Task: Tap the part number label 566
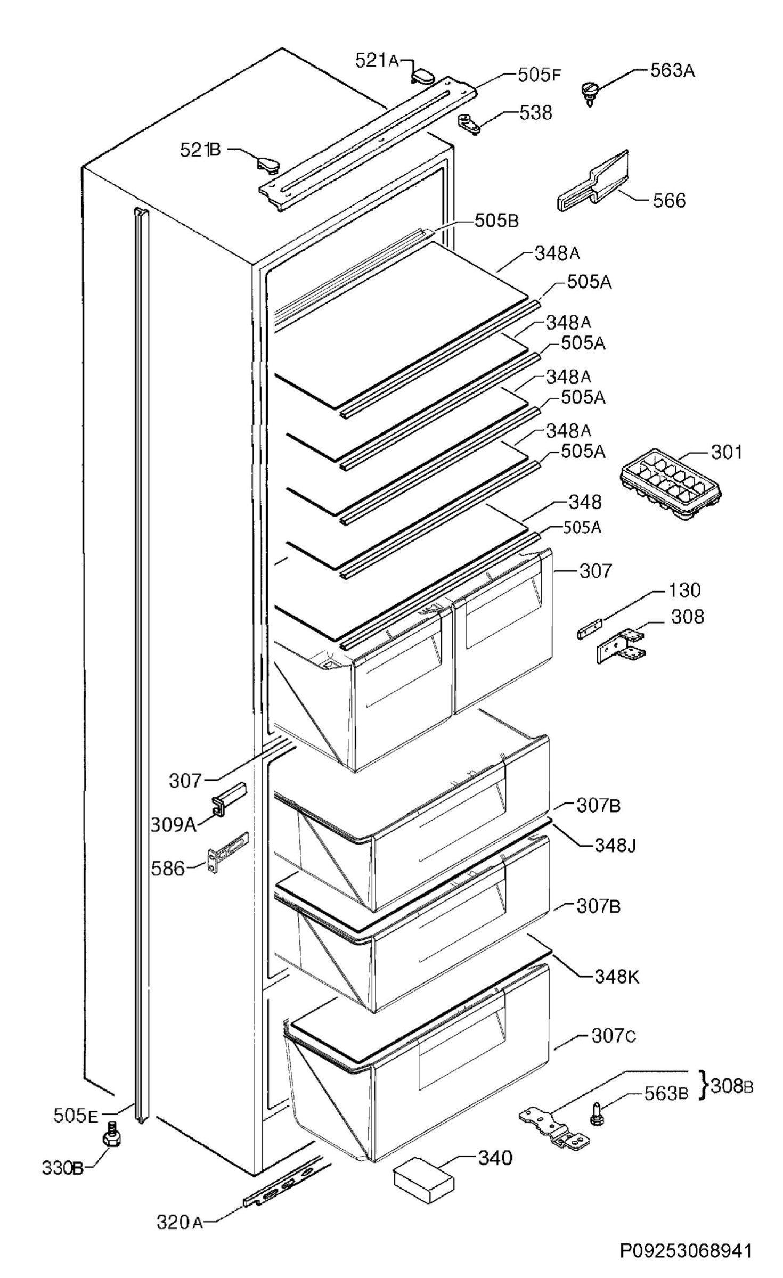click(x=669, y=201)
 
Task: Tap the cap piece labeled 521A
click(x=423, y=75)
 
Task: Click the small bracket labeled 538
click(x=469, y=124)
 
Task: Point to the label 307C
click(x=614, y=1036)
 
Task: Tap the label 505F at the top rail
click(x=540, y=75)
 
